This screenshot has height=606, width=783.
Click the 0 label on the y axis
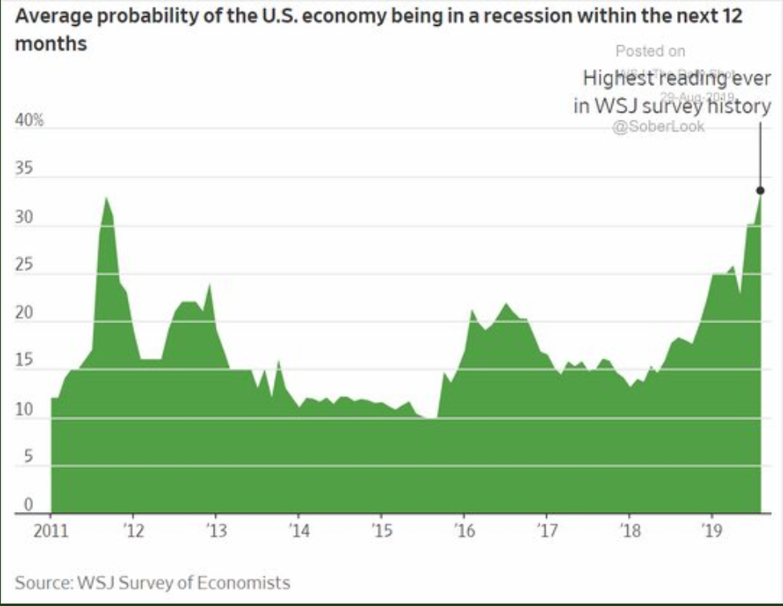coord(27,506)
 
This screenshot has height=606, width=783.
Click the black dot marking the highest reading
coord(760,190)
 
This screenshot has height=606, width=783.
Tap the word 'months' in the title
coord(51,44)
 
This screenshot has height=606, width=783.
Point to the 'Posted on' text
coord(650,51)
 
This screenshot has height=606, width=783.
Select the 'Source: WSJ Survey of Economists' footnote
coord(153,581)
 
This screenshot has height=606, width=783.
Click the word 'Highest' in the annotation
coord(615,79)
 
